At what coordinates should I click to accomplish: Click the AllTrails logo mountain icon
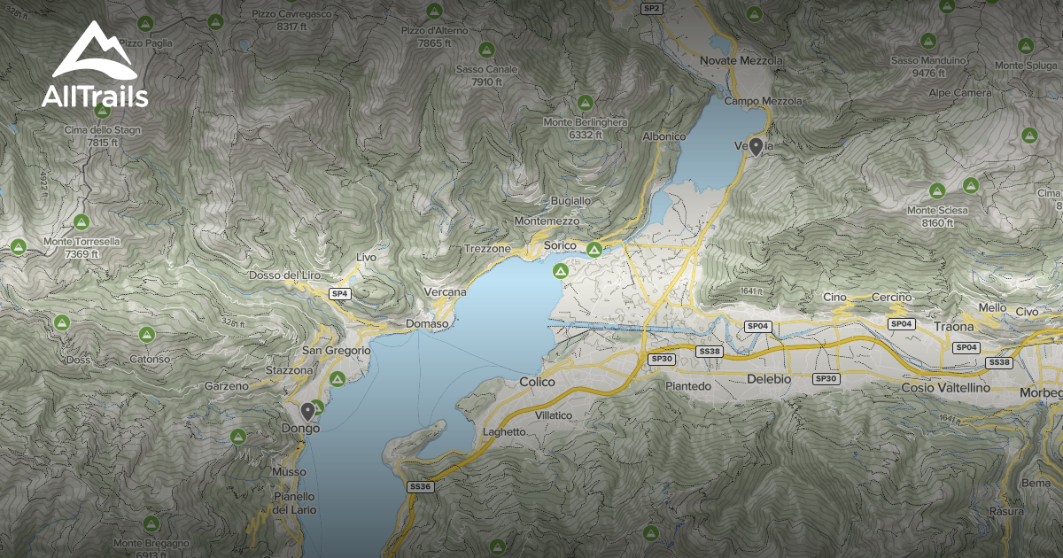point(93,51)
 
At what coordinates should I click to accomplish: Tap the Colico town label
point(537,382)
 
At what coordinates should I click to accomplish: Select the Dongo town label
point(302,427)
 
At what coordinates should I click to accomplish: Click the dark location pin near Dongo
point(307,412)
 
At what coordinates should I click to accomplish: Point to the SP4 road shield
point(340,293)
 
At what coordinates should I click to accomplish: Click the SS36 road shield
point(420,486)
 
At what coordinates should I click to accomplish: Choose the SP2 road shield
point(652,8)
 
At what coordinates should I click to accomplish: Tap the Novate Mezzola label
point(741,60)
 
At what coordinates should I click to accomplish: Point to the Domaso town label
point(427,324)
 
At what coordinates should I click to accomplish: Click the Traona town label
point(953,327)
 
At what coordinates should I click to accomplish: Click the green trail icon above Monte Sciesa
point(937,190)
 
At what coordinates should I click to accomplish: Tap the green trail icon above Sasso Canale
point(485,50)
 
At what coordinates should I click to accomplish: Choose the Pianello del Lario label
point(294,503)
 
